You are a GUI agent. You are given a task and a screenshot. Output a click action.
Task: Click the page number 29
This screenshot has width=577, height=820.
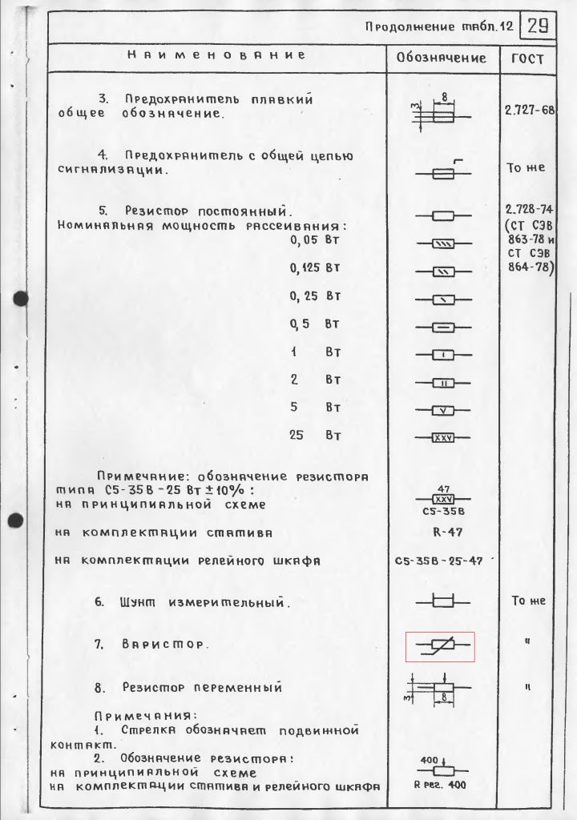point(539,26)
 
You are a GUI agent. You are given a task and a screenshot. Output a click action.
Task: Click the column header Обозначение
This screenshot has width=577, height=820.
point(442,58)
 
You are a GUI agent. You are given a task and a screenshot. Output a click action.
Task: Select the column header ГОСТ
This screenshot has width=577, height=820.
point(526,59)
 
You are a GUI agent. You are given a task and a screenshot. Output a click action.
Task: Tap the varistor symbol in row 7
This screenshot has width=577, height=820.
point(440,645)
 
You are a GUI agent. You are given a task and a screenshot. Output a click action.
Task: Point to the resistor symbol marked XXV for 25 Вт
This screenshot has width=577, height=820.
point(443,437)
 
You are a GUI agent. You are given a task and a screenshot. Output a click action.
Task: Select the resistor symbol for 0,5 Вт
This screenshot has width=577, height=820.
point(443,327)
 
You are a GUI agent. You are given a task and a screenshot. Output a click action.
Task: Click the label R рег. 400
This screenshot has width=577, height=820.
point(440,786)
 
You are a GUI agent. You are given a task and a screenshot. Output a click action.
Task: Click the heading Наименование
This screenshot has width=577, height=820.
point(216,56)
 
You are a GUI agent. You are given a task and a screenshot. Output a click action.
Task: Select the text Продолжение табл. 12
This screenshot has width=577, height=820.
point(438,26)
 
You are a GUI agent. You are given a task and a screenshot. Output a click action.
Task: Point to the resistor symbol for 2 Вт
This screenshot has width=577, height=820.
point(443,382)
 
